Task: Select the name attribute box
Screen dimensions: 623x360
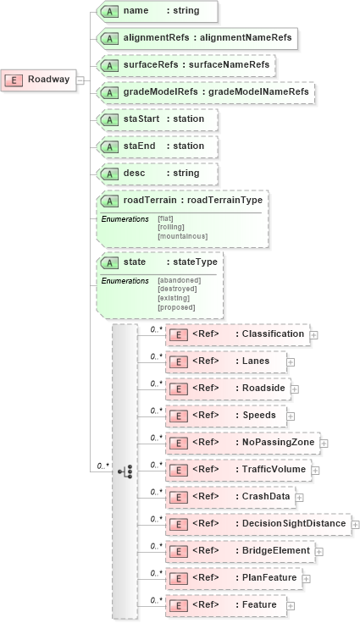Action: pos(157,11)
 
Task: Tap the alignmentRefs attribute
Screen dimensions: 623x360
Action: pos(197,38)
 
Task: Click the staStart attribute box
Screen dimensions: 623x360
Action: pos(157,119)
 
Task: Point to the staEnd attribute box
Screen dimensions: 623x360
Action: pos(157,146)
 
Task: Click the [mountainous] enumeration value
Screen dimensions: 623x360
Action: pos(182,236)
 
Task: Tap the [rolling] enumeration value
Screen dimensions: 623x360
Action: pos(171,228)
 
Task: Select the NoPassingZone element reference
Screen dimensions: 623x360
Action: pos(241,443)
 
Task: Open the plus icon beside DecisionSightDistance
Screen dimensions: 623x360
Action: pos(355,524)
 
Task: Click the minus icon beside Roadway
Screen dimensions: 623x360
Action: pos(80,80)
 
